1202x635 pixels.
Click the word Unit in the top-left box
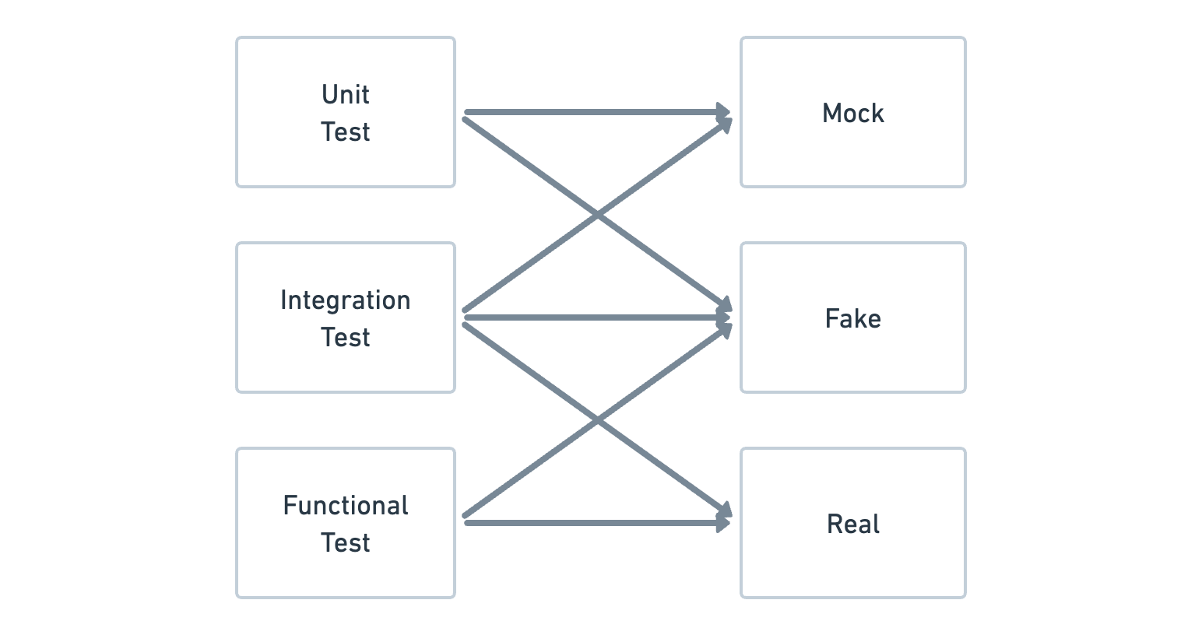pyautogui.click(x=345, y=95)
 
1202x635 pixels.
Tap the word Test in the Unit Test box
pyautogui.click(x=345, y=132)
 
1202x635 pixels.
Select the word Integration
pyautogui.click(x=345, y=300)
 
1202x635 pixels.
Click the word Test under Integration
pyautogui.click(x=345, y=338)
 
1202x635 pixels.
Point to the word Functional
pyautogui.click(x=345, y=506)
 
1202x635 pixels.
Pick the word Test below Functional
pyautogui.click(x=345, y=543)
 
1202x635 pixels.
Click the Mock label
pyautogui.click(x=852, y=114)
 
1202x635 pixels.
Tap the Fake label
pyautogui.click(x=852, y=319)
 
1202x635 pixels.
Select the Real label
pyautogui.click(x=852, y=524)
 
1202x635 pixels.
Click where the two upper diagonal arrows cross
pyautogui.click(x=597, y=214)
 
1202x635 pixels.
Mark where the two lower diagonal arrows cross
pyautogui.click(x=597, y=421)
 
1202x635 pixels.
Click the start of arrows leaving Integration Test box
pyautogui.click(x=466, y=317)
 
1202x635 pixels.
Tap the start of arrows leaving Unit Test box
pyautogui.click(x=466, y=114)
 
